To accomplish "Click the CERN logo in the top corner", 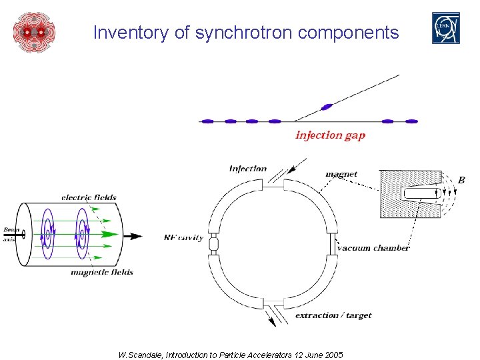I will [x=446, y=29].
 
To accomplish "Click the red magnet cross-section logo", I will [x=33, y=31].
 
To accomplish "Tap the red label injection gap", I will [x=330, y=135].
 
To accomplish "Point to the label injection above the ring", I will [x=248, y=169].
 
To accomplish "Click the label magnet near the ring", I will [x=341, y=174].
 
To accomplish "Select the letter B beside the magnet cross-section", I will [x=461, y=180].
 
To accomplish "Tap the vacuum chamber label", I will [x=373, y=248].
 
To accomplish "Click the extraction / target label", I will [x=333, y=315].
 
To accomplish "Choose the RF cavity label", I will [x=183, y=237].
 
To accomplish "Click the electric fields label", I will [x=89, y=197].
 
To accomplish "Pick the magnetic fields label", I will [x=102, y=272].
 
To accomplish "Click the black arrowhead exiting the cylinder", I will [x=136, y=236].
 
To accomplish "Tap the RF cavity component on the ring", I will [x=214, y=243].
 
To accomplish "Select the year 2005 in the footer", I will [x=332, y=355].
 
